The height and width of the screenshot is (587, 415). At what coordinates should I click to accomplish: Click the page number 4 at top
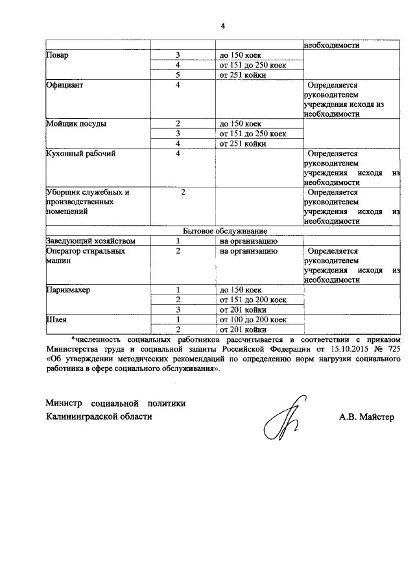point(222,26)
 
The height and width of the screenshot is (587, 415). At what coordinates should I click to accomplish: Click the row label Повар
point(58,55)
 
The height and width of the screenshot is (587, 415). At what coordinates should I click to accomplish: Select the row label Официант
point(64,85)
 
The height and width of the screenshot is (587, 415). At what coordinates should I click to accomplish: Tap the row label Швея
point(57,319)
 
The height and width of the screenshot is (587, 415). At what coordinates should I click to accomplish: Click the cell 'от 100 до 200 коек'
point(253,319)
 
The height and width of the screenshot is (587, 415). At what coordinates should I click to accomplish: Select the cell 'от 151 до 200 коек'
point(253,300)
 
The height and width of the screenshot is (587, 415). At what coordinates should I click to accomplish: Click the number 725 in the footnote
point(395,348)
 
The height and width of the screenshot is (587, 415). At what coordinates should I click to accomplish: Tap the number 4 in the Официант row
point(177,85)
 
